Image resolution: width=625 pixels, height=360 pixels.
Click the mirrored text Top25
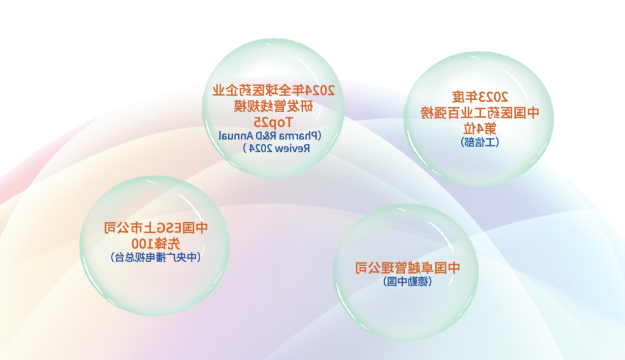tap(273, 122)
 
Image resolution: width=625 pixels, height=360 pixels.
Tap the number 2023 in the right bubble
tap(493, 97)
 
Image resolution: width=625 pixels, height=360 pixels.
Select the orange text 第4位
tap(480, 128)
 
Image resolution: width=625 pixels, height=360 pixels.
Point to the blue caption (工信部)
tap(480, 142)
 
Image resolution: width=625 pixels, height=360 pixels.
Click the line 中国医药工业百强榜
tap(480, 113)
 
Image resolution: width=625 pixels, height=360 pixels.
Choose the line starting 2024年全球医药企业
tap(273, 90)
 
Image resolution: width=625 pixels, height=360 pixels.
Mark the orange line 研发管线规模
tap(273, 106)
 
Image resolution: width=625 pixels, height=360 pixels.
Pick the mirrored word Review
tap(292, 148)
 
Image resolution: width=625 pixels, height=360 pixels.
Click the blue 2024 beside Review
tap(260, 148)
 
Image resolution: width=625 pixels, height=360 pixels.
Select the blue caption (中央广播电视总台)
tap(156, 257)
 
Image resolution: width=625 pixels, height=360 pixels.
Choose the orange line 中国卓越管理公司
tap(407, 267)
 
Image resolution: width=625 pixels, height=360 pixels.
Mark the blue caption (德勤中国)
tap(407, 281)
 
